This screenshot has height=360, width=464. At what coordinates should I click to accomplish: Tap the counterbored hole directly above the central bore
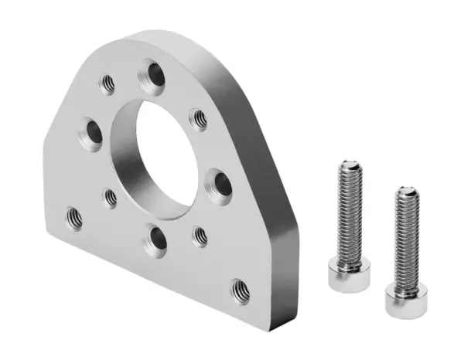(152, 76)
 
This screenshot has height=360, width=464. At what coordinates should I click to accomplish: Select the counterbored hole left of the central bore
(90, 135)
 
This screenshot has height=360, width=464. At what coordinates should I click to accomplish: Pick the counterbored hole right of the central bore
(220, 183)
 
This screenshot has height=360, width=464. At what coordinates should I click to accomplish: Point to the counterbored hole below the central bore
(157, 240)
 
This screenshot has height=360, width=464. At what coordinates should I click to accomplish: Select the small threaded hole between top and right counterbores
(199, 119)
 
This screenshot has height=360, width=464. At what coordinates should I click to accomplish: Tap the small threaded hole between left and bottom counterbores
(111, 198)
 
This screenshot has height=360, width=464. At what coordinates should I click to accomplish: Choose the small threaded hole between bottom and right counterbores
(200, 236)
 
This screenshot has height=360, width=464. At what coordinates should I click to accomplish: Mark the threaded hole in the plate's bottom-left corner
(75, 218)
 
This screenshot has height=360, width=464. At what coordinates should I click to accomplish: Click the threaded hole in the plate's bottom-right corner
(240, 290)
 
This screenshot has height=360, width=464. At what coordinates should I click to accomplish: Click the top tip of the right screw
(407, 191)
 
